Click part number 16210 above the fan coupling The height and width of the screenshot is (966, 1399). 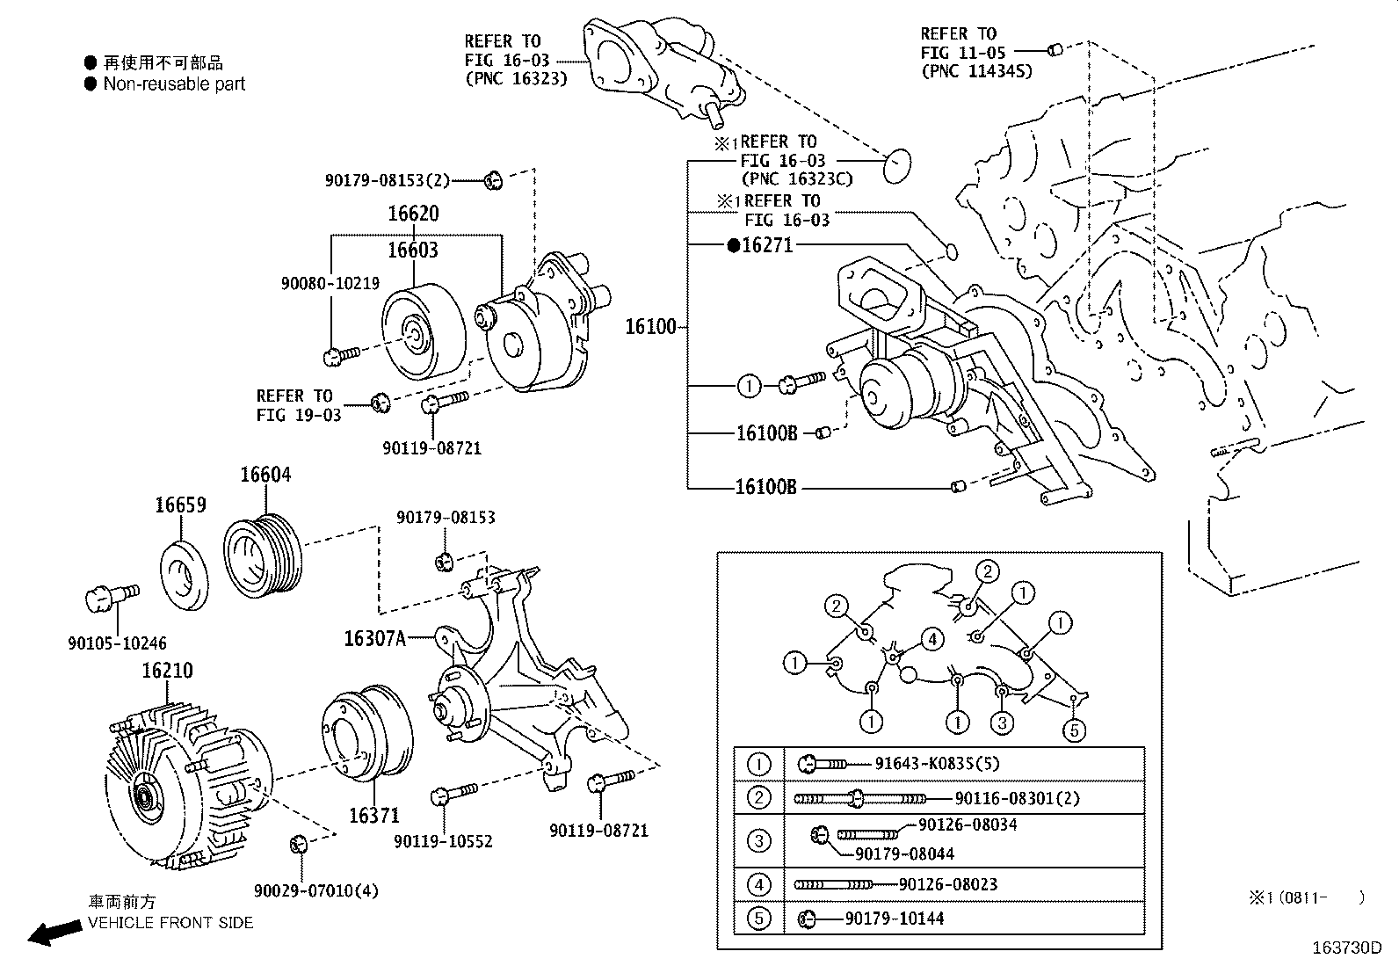[x=167, y=671]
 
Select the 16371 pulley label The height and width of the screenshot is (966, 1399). [x=374, y=816]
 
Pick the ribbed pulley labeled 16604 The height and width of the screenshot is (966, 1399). [x=263, y=556]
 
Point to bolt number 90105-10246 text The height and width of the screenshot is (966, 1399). [x=117, y=643]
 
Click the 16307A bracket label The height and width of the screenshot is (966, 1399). [x=375, y=639]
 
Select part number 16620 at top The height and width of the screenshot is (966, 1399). [x=413, y=214]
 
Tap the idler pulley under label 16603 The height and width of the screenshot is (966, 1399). [x=420, y=332]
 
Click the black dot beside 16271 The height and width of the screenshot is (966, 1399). [x=734, y=246]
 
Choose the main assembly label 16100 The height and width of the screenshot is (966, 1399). [x=650, y=327]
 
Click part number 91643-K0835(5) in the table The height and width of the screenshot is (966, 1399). [x=937, y=765]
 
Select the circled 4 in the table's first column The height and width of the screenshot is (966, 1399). [x=759, y=884]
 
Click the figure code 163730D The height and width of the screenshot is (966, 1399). [x=1347, y=948]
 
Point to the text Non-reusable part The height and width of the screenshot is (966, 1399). [x=174, y=84]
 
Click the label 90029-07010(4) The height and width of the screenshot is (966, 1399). [x=316, y=891]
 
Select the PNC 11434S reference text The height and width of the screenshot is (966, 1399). [x=976, y=72]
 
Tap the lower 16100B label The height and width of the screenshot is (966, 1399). [x=765, y=486]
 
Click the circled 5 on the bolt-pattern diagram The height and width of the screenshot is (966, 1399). [x=1073, y=729]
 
